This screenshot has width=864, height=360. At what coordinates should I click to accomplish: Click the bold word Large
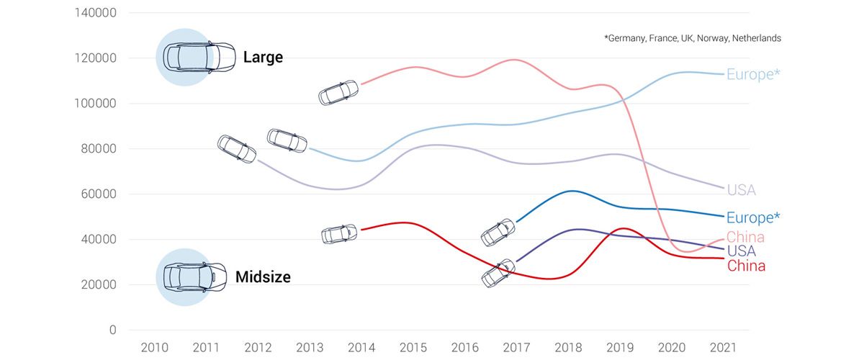(x=263, y=57)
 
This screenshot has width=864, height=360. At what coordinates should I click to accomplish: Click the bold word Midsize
(x=263, y=276)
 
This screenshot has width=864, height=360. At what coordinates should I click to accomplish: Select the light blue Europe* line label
(x=753, y=74)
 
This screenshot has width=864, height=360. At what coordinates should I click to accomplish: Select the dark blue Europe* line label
(x=753, y=217)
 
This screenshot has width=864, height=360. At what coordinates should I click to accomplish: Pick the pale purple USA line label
(x=741, y=190)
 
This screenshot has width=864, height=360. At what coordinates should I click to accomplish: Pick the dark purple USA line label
(x=741, y=251)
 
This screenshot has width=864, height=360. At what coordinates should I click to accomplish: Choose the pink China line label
(x=745, y=237)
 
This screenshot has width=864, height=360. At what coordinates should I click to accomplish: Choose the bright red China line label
(x=746, y=266)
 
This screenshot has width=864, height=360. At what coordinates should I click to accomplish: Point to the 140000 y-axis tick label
(x=96, y=13)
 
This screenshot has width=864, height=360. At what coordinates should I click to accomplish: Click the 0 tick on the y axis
(x=112, y=330)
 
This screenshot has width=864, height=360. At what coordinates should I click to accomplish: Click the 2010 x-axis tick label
(x=155, y=348)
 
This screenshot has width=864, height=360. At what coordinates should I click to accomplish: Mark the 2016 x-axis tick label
(x=465, y=348)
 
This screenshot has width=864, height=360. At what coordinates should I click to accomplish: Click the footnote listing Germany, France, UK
(x=693, y=38)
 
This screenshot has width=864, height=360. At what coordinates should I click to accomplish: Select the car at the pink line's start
(x=339, y=92)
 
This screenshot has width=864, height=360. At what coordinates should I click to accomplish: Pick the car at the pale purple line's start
(x=237, y=148)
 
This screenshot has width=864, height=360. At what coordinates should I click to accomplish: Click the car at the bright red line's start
(x=338, y=234)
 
